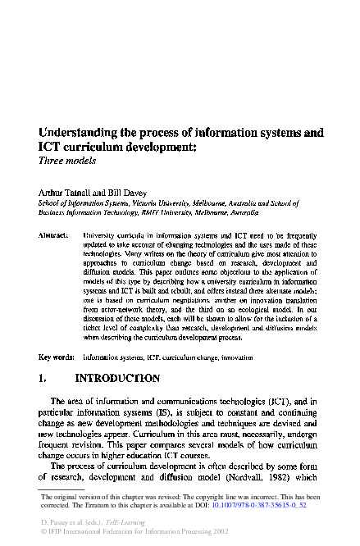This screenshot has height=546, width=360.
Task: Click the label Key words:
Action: tap(56, 358)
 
